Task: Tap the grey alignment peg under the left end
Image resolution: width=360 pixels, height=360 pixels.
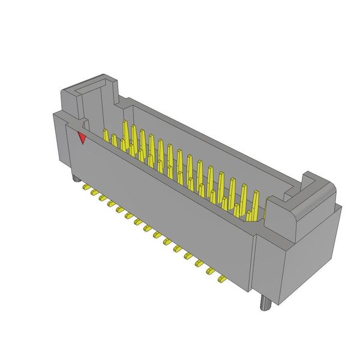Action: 74,178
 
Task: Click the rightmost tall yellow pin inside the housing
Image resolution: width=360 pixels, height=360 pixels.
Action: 256,204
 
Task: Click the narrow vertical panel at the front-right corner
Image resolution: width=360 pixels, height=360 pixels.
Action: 255,264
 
